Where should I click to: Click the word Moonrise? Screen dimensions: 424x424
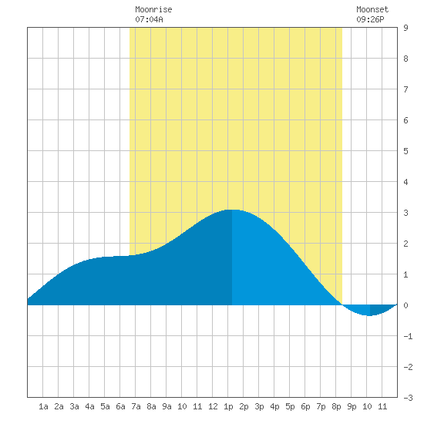153,9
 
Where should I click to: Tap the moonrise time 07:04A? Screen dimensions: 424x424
149,19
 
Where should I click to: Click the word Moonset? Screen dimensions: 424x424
372,9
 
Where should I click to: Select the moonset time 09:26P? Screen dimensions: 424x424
370,19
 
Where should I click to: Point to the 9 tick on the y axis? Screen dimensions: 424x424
405,28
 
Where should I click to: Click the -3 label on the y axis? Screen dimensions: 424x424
408,398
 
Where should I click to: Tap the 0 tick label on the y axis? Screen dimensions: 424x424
405,305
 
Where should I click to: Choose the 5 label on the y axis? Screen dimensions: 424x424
405,151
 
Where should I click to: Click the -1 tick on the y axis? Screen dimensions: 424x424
408,336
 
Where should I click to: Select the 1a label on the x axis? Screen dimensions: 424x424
43,406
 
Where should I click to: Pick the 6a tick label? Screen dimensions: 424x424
120,406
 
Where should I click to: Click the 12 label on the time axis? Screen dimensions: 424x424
213,406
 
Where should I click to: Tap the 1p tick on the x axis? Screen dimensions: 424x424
228,406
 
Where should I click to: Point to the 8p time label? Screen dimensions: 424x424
336,406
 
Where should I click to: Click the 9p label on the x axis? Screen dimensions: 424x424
352,406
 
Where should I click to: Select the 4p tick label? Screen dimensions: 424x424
274,406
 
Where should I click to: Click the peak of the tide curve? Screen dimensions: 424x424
232,210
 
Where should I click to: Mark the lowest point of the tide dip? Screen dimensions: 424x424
369,315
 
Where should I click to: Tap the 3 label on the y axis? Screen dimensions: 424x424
405,213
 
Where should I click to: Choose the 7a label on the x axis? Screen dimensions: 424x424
136,406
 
